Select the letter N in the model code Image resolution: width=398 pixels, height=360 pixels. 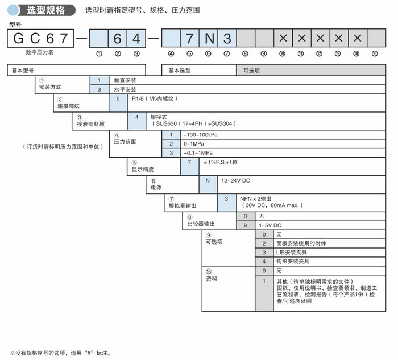(x=209, y=39)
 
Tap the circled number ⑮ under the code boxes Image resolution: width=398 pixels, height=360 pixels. (x=374, y=54)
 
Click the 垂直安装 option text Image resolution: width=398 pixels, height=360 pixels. (x=127, y=81)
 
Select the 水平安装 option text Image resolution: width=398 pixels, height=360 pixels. (x=127, y=89)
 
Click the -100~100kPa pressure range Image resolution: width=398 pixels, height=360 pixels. (x=200, y=135)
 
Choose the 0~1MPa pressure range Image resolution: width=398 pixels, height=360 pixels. (x=194, y=144)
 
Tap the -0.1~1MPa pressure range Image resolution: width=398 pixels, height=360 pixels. (x=197, y=153)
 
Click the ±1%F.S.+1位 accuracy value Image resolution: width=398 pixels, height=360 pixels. (x=223, y=163)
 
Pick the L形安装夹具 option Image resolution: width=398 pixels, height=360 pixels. (x=293, y=252)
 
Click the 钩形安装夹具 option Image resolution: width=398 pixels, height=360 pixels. (x=293, y=261)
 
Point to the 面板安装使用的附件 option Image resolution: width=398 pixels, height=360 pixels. (x=301, y=243)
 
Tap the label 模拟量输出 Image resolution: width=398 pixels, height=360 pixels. (x=183, y=205)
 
